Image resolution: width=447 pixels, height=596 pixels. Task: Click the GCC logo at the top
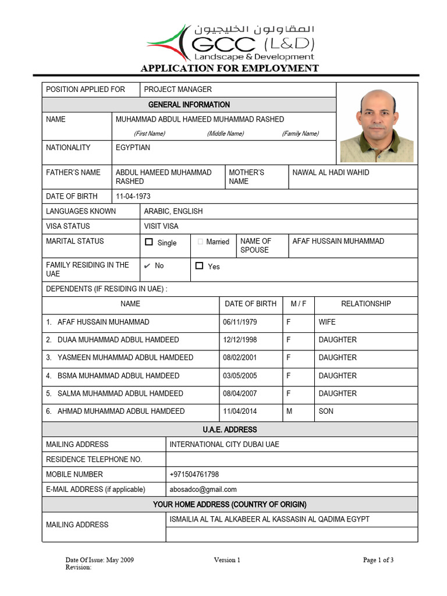pos(230,42)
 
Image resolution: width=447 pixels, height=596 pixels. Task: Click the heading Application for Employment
pos(229,68)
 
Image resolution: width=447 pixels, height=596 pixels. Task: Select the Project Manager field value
pos(178,90)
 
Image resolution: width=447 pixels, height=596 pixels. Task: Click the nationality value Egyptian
pos(133,148)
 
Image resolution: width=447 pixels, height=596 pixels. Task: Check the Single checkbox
pos(149,242)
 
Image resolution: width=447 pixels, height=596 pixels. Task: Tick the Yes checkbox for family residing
pos(199,266)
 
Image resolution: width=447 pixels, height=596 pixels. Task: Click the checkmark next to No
pos(147,266)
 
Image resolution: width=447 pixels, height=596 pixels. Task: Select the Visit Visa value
pos(161,226)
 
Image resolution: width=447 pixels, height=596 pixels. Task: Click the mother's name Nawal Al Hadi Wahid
pos(331,173)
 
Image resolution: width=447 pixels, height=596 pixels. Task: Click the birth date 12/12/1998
pos(240,340)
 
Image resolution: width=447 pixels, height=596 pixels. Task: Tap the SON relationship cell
pos(326,411)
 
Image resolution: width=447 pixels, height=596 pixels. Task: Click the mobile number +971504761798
pos(194,474)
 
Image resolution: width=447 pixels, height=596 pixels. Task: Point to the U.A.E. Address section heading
pos(229,430)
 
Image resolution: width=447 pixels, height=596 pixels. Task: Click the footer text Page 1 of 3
pos(378,560)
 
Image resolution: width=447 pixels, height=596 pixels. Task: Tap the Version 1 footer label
pos(226,560)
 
